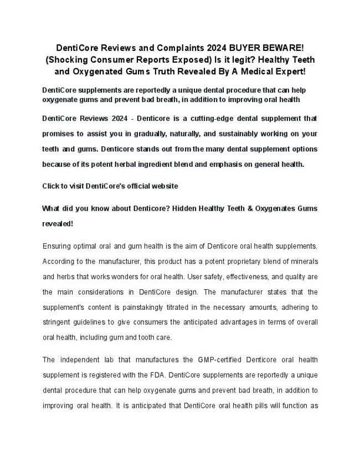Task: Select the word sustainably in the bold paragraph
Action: click(233, 134)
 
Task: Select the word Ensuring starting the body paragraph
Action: click(58, 245)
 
